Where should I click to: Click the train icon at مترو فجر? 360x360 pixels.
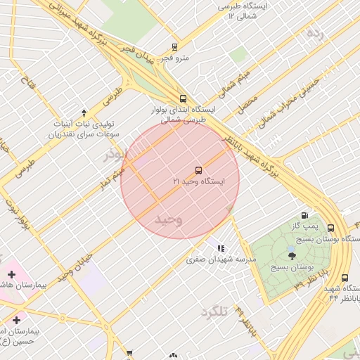click(x=174, y=47)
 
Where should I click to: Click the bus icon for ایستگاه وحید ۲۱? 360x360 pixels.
click(x=198, y=170)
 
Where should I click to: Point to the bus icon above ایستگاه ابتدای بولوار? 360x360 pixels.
click(x=183, y=98)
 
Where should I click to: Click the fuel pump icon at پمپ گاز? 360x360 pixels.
click(x=304, y=216)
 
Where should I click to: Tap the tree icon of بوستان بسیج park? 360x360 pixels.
click(x=292, y=255)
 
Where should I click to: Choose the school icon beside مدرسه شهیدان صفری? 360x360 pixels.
click(x=221, y=248)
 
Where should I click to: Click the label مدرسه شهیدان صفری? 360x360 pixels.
click(x=221, y=259)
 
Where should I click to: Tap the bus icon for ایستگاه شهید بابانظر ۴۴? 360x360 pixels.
click(x=345, y=278)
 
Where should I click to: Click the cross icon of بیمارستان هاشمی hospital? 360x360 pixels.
click(x=11, y=274)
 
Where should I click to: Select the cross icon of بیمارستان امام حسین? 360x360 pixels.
click(x=15, y=320)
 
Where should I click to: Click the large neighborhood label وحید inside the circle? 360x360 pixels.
click(x=169, y=219)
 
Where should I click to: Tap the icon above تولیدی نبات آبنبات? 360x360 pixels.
click(x=84, y=112)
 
